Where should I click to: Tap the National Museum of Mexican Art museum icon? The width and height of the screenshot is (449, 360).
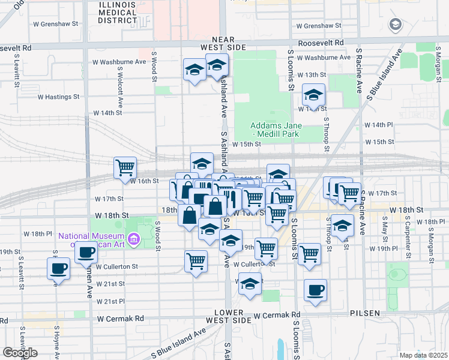pos(134,240)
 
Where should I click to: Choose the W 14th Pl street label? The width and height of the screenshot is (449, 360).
pos(379,125)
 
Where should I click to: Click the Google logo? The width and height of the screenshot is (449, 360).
pos(20,353)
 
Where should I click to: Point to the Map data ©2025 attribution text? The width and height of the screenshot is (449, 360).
pos(423,355)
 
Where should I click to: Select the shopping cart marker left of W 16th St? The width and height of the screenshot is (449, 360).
pos(125,167)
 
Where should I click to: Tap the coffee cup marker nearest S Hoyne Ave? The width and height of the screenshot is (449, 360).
pos(59,269)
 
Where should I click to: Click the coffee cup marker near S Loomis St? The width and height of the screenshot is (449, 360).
pos(315,291)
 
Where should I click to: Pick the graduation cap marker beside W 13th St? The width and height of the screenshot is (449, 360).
pos(313,95)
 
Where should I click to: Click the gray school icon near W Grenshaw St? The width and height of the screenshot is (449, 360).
pos(395,25)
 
